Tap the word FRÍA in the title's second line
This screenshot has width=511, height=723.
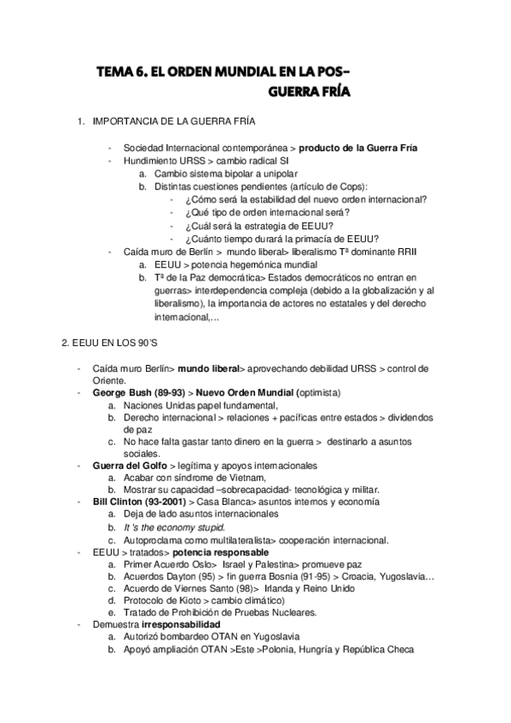coord(329,90)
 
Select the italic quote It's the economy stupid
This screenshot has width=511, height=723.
coord(165,527)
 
